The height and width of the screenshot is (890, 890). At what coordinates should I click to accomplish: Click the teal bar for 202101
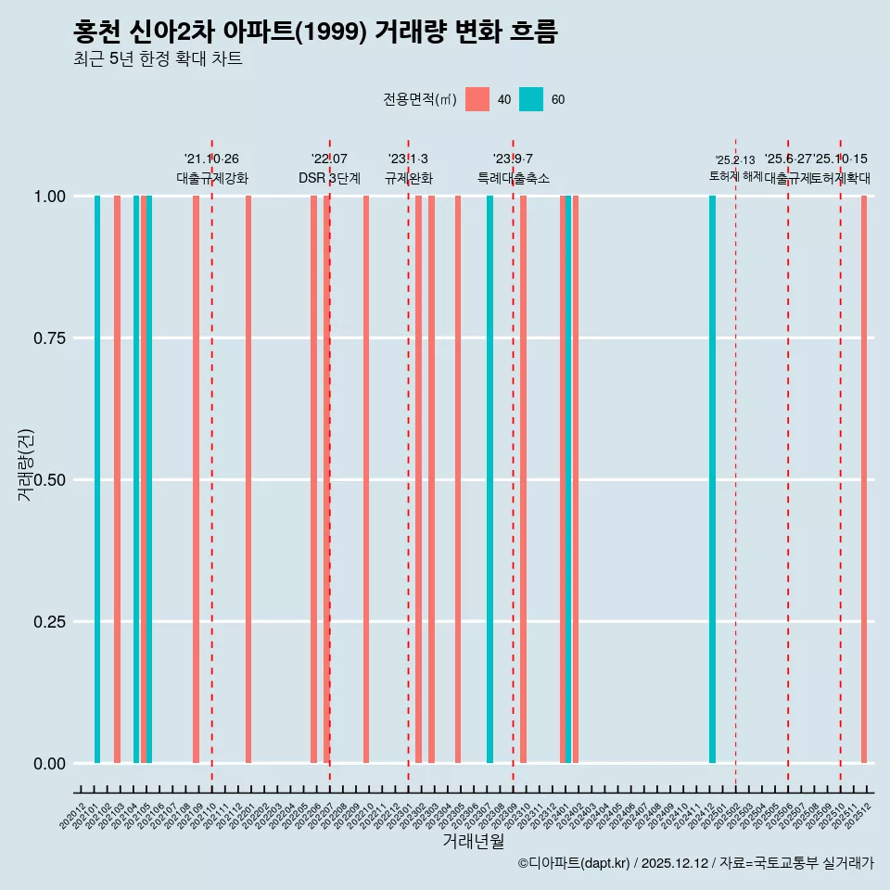tap(97, 479)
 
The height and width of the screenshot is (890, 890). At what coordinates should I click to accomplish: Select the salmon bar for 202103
tap(117, 479)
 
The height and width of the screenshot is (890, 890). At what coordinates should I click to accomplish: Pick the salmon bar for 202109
tap(196, 479)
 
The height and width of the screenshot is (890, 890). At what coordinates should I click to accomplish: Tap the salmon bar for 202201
tap(248, 479)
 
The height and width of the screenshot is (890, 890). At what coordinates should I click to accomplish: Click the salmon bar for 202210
tap(366, 479)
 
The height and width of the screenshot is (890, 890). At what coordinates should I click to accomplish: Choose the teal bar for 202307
tap(489, 479)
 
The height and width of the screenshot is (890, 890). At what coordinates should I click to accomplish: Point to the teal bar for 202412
tap(712, 479)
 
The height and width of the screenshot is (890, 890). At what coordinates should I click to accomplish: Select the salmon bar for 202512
tap(864, 479)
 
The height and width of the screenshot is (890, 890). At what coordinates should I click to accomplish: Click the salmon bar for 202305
tap(458, 479)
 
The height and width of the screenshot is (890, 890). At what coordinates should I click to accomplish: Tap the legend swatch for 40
tap(477, 99)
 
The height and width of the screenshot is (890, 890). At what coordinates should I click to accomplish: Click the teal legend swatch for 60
tap(531, 99)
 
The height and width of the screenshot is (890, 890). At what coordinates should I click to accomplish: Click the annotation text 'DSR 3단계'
tap(329, 178)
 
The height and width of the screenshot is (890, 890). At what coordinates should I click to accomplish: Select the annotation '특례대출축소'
tap(514, 178)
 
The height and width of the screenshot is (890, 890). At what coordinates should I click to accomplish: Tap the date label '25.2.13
tap(735, 160)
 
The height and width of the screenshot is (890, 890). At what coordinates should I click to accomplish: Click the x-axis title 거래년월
tap(473, 842)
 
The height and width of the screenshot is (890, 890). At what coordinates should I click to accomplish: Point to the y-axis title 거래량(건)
tap(26, 465)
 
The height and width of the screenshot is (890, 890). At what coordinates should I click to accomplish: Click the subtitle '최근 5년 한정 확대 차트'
tap(158, 59)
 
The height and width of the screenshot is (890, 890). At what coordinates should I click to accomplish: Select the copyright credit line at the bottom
tap(695, 864)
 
